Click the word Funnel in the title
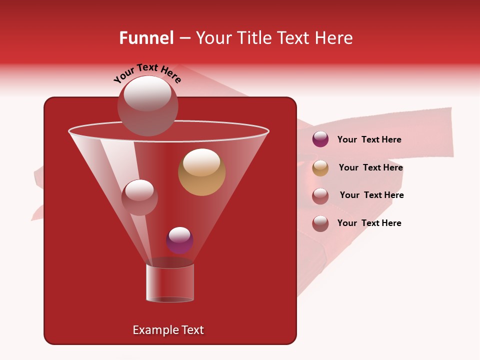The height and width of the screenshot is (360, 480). [146, 38]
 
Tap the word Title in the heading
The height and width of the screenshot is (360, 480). [253, 38]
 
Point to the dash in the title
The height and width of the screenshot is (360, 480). [184, 38]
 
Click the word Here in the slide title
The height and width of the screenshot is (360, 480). [332, 38]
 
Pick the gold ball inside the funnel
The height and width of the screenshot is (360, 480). [201, 172]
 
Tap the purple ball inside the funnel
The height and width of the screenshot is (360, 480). [179, 240]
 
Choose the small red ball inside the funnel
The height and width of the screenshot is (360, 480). [139, 197]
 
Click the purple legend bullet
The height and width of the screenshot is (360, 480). [320, 139]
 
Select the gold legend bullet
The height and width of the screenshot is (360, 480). [320, 168]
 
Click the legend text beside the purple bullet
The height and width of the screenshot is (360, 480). [369, 139]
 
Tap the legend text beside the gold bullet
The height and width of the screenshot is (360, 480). [370, 167]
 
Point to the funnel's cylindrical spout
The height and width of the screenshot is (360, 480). [170, 283]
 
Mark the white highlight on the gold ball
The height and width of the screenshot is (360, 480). [201, 161]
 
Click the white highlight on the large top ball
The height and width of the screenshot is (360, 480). [147, 93]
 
